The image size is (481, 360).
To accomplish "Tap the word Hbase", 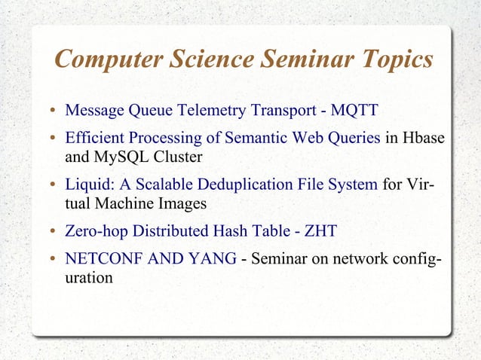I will (x=422, y=139).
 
